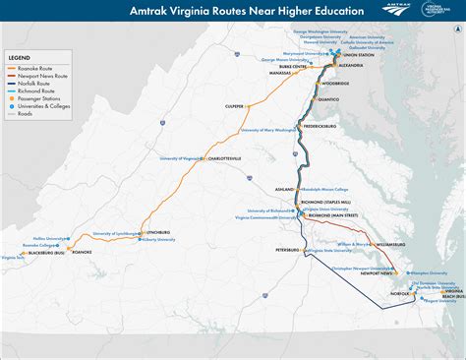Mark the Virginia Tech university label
[x=13, y=258]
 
